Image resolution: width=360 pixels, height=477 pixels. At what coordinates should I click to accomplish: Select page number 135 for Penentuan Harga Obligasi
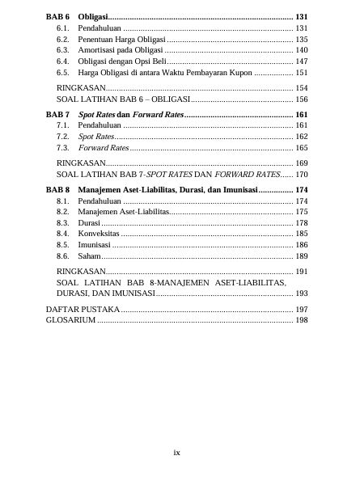click(x=301, y=39)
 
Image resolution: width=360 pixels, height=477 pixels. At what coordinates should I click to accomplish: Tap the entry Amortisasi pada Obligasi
click(x=121, y=50)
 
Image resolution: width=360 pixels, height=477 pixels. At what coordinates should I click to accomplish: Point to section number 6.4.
click(x=62, y=61)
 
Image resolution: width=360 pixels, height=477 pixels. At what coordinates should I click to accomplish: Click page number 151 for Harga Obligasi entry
click(x=301, y=72)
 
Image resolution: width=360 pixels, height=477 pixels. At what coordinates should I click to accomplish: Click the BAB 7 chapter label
click(x=57, y=115)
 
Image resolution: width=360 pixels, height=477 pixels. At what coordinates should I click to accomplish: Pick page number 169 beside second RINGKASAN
click(x=301, y=163)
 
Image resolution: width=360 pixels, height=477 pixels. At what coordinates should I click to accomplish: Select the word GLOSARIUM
click(x=70, y=320)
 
